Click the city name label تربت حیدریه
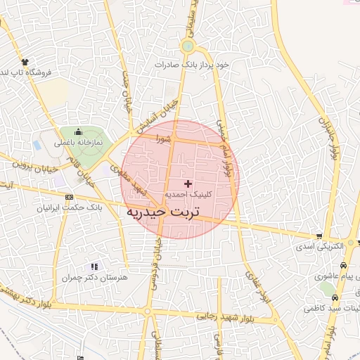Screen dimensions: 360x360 click(x=163, y=211)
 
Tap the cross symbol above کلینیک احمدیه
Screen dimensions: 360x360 click(x=187, y=183)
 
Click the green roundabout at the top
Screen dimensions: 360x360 click(x=187, y=47)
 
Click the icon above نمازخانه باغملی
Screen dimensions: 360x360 click(x=78, y=131)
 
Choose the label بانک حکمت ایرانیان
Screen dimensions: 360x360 click(x=70, y=208)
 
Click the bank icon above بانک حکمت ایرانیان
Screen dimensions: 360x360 click(x=69, y=198)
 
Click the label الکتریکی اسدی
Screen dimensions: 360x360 click(x=320, y=247)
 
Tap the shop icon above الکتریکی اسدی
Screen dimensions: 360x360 click(x=320, y=236)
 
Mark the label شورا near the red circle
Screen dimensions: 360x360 click(x=164, y=139)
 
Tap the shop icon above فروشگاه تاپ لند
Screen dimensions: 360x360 click(x=25, y=62)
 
